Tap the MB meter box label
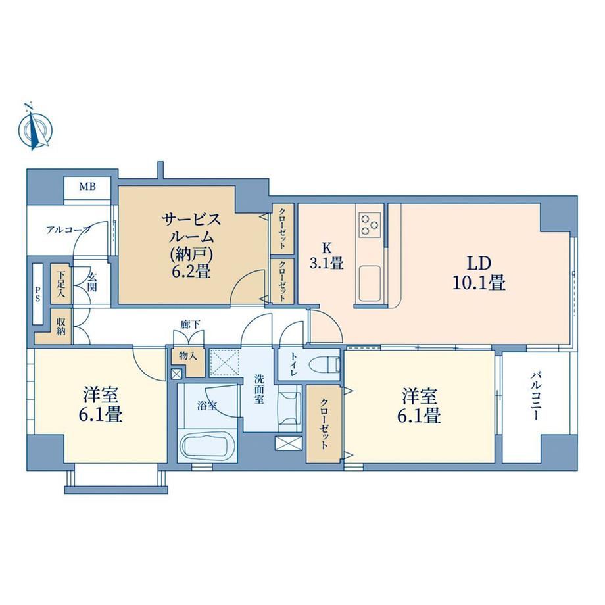pyautogui.click(x=87, y=187)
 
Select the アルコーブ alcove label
pyautogui.click(x=68, y=230)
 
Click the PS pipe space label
pyautogui.click(x=38, y=294)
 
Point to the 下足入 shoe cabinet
pyautogui.click(x=61, y=284)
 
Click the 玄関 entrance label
pyautogui.click(x=92, y=282)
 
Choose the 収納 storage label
pyautogui.click(x=61, y=326)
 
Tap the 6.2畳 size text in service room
pyautogui.click(x=191, y=272)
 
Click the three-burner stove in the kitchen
pyautogui.click(x=370, y=224)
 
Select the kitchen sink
pyautogui.click(x=370, y=284)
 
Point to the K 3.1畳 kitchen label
pyautogui.click(x=326, y=255)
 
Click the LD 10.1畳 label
pyautogui.click(x=479, y=274)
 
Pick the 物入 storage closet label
pyautogui.click(x=188, y=356)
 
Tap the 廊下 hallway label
pyautogui.click(x=191, y=325)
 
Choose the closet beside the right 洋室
pyautogui.click(x=324, y=424)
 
